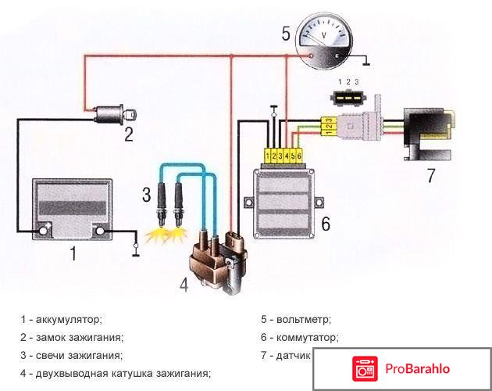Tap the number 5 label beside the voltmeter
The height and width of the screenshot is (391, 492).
[287, 33]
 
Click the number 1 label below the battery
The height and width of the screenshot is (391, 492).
[73, 253]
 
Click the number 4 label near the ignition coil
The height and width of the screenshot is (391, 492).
[184, 285]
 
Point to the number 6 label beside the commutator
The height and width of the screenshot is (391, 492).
[325, 224]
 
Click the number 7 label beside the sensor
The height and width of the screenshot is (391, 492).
[430, 176]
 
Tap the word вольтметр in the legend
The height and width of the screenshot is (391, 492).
[301, 319]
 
